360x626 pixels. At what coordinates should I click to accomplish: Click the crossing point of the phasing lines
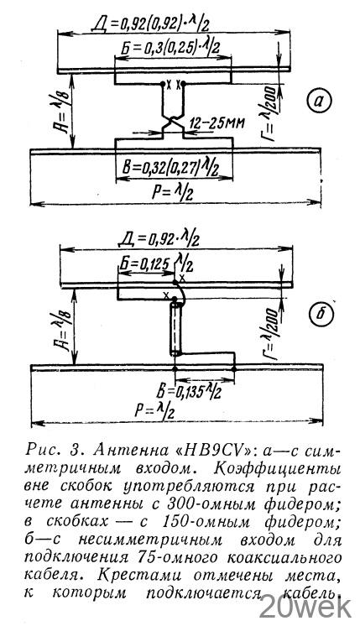(172, 120)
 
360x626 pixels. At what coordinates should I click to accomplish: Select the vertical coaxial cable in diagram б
(175, 329)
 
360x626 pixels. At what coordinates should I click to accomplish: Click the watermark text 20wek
(306, 608)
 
